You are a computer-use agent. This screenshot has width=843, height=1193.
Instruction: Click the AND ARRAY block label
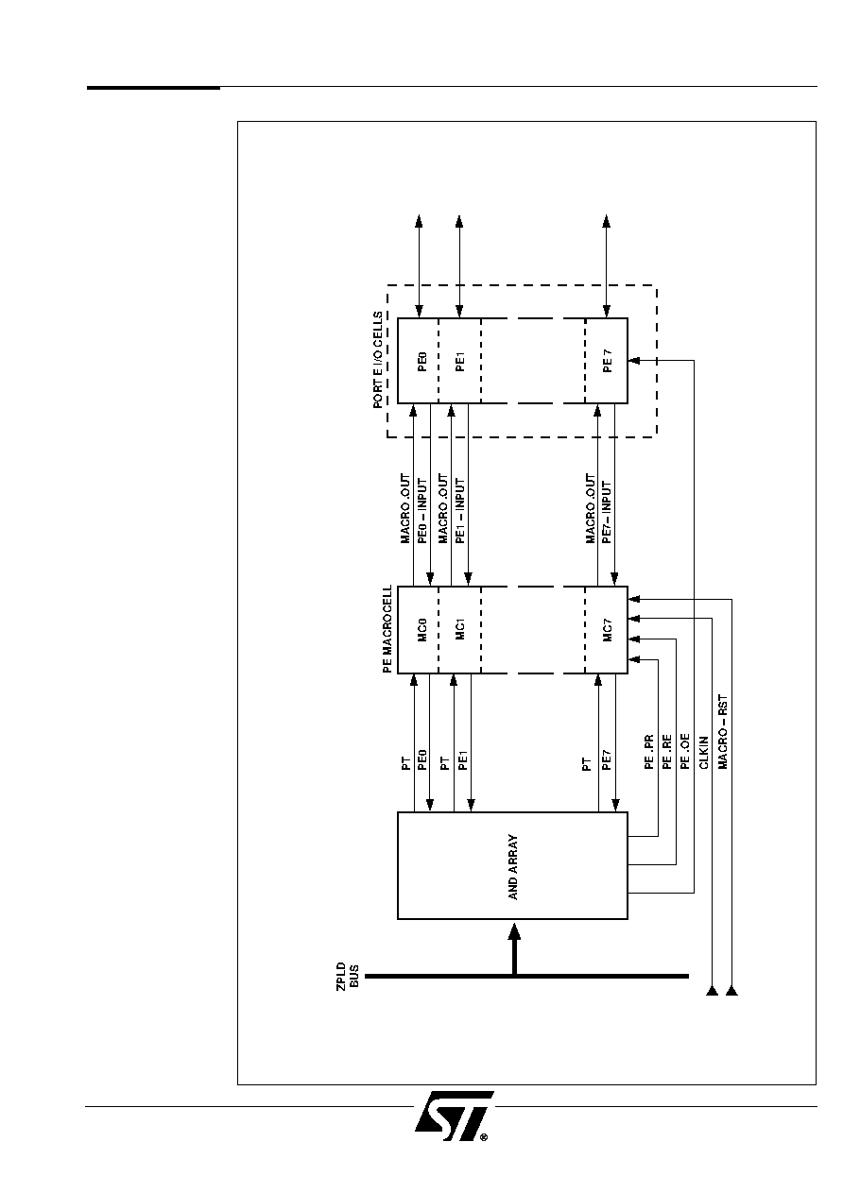pos(513,867)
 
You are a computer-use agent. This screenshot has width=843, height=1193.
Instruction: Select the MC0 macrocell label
pos(422,629)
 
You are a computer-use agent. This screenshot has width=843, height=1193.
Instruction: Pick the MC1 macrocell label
pos(460,629)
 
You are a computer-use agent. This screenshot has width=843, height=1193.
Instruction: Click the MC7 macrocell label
pos(607,629)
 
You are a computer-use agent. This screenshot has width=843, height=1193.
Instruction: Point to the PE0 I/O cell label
pos(422,361)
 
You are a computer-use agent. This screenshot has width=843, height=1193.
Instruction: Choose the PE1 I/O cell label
pos(460,361)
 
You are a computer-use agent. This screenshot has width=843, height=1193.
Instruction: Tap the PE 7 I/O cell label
pos(607,361)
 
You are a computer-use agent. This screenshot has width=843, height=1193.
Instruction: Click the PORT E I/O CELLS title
pos(378,360)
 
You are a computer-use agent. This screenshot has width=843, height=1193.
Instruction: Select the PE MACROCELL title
pos(387,629)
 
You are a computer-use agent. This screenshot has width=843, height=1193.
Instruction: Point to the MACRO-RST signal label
pos(723,731)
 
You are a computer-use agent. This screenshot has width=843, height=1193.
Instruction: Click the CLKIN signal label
pos(703,753)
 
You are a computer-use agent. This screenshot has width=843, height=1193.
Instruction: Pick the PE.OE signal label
pos(685,751)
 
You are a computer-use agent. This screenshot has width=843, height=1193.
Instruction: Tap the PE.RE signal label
pos(667,751)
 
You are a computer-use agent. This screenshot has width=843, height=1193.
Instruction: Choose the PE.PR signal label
pos(649,751)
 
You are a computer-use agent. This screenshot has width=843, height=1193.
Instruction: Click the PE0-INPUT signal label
pos(422,511)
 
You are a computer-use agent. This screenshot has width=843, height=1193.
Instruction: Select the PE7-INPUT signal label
pos(607,512)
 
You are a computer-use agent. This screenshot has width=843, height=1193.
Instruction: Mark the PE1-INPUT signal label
pos(460,511)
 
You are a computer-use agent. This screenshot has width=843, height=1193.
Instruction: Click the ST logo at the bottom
pos(454,1116)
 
